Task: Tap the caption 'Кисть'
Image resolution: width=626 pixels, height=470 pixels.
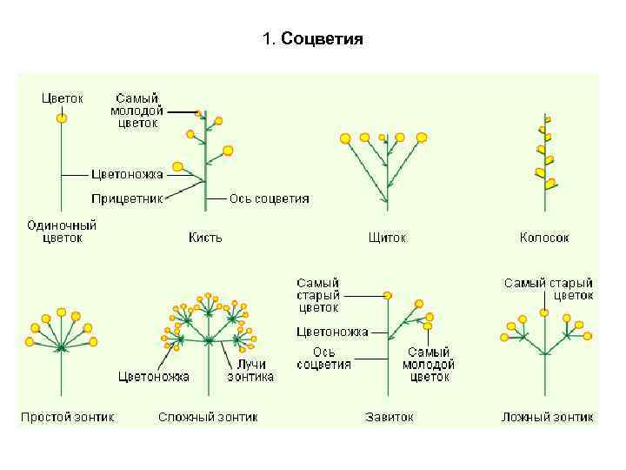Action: click(x=205, y=237)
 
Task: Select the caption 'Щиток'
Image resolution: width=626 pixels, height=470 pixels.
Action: click(x=387, y=237)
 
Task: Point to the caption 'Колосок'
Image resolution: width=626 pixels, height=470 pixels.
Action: click(x=544, y=237)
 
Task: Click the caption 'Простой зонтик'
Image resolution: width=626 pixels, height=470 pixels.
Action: click(x=67, y=417)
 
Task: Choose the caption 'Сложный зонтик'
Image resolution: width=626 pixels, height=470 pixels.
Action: click(x=208, y=417)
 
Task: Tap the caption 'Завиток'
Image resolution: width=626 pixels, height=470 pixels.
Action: click(x=390, y=417)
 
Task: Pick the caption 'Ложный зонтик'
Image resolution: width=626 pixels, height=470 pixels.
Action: click(x=548, y=417)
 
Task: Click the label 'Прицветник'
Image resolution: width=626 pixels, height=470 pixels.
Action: click(x=128, y=198)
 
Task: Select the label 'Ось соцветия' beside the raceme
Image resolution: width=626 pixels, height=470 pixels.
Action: click(x=269, y=198)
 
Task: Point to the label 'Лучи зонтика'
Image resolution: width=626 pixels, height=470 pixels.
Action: click(x=250, y=370)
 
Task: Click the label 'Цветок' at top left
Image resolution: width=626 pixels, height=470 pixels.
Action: click(x=63, y=98)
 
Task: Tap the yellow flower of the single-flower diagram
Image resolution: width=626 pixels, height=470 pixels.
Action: click(x=61, y=117)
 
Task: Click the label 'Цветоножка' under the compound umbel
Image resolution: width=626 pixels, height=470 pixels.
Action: click(x=153, y=376)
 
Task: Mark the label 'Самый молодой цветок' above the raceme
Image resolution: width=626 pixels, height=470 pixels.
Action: click(x=135, y=111)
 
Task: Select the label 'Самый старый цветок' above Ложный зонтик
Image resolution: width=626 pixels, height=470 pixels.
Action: click(x=549, y=289)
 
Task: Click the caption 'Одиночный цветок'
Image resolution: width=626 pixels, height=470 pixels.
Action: click(x=62, y=231)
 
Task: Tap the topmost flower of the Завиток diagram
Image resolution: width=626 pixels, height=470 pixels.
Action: click(x=387, y=296)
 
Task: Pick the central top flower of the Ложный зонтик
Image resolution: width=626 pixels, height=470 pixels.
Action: click(x=545, y=312)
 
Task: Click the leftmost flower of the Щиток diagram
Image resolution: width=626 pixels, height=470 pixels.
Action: click(x=345, y=138)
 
